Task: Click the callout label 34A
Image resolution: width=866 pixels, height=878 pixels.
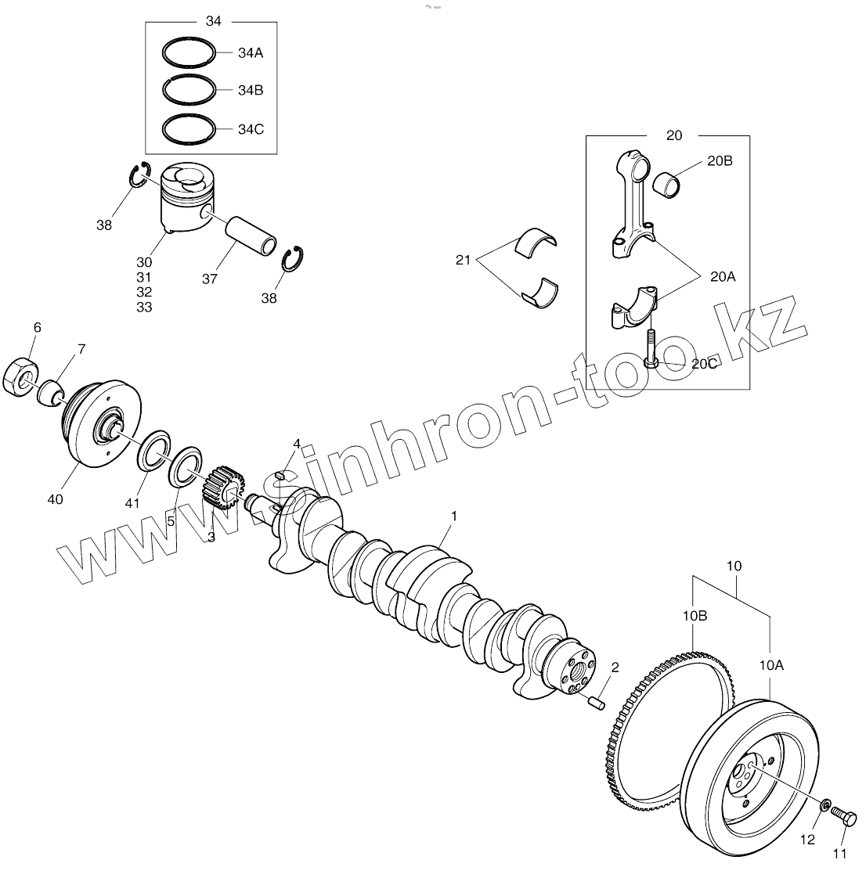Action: point(251,53)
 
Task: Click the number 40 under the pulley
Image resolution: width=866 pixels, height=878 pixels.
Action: point(56,499)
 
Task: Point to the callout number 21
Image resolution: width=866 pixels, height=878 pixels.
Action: point(463,259)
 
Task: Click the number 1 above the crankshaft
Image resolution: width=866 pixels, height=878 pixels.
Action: point(453,516)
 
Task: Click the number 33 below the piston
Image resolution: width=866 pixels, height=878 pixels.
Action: point(143,308)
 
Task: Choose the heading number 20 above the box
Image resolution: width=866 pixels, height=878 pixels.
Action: point(673,135)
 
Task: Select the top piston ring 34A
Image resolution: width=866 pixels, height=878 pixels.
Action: point(189,53)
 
